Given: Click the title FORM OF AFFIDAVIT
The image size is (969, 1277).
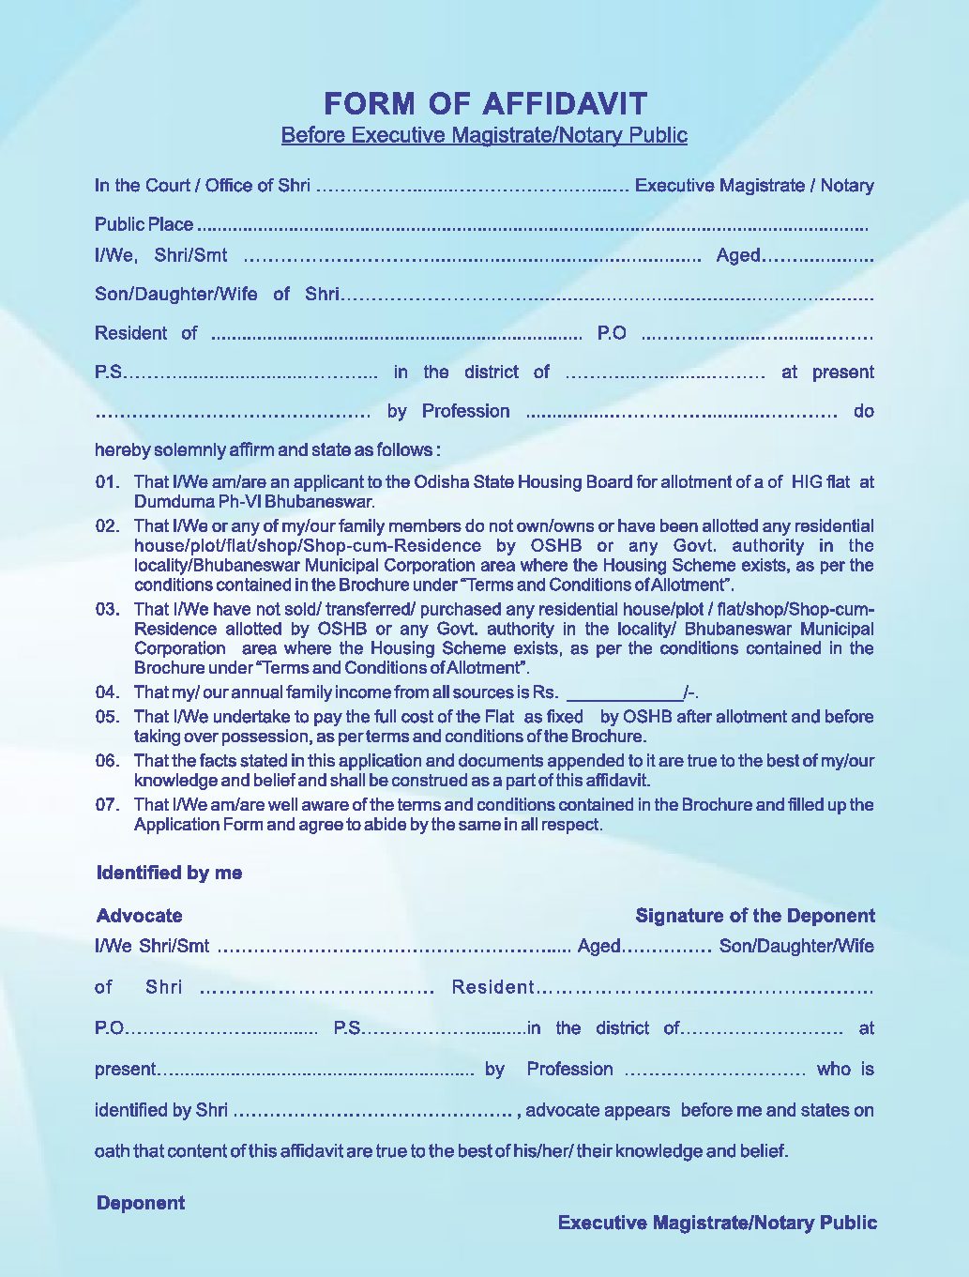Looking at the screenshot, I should pos(485,103).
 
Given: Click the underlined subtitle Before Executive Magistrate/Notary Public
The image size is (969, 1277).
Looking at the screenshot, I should pos(484,135).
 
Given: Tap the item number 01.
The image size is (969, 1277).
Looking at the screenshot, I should pos(108,482).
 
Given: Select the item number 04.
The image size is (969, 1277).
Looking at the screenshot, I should pos(108,692).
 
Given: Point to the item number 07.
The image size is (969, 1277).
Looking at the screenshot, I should pos(108,804).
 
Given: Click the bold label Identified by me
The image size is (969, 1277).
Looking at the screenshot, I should pos(169,873).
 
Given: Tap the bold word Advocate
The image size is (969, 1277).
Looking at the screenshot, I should pos(140,916).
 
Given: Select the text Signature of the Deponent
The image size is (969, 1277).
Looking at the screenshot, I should pos(754,916).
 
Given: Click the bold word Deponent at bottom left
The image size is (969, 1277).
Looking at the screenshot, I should pos(141,1203).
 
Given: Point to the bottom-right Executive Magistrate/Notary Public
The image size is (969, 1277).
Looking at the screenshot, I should pos(718,1223).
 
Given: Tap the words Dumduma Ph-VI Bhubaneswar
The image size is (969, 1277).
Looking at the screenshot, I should pos(254,502).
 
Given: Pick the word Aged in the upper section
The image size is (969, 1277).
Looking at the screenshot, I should pos(738,255).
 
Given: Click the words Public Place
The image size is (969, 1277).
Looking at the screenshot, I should pos(144,224).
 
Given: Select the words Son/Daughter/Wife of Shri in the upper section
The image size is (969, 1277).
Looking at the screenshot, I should pos(217,294).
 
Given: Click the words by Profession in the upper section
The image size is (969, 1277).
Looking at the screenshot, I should pos(448,411).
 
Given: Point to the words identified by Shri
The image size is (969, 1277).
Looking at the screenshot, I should pos(161,1110).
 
